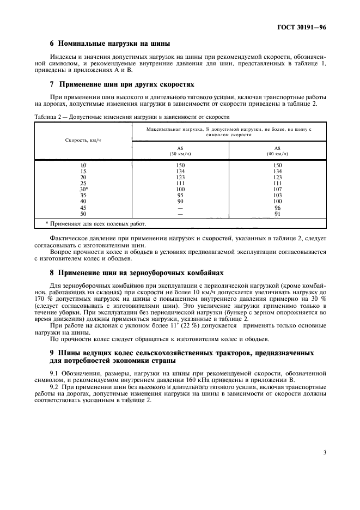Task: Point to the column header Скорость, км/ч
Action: (83, 141)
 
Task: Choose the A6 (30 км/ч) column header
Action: (180, 151)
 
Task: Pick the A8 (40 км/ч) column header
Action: (277, 151)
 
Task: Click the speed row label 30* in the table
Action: (83, 189)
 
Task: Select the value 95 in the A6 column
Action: (180, 195)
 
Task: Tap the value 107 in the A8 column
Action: (277, 189)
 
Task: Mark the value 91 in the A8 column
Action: (277, 213)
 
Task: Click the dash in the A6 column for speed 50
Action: (180, 213)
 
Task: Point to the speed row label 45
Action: (83, 207)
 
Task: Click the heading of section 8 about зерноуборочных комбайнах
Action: (132, 272)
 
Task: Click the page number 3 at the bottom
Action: (324, 452)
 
